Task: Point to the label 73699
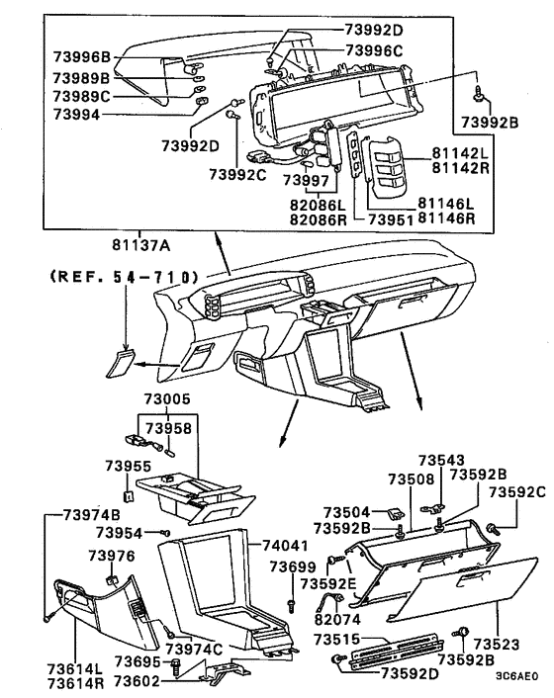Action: coord(293,566)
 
